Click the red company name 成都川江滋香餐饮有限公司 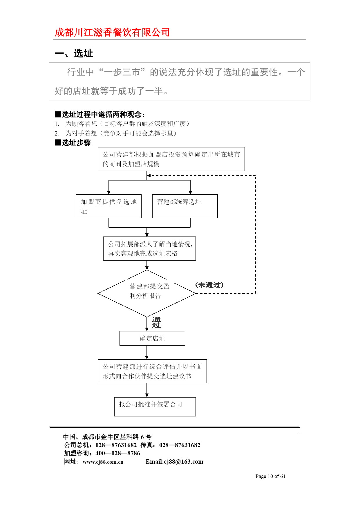[112, 32]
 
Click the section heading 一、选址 [74, 53]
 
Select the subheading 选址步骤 [73, 142]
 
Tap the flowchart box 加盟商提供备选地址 [109, 206]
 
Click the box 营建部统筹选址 [185, 206]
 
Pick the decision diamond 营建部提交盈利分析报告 [147, 293]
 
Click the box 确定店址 [152, 338]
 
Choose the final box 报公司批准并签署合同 [155, 407]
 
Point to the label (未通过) [209, 285]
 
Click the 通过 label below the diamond [156, 322]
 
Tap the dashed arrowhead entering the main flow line [149, 176]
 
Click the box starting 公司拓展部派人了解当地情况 [149, 248]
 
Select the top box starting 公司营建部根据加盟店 [171, 159]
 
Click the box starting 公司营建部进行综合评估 [152, 371]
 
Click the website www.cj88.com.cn [103, 462]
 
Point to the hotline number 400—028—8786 [118, 453]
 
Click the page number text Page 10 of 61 [270, 476]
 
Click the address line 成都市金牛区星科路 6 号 [117, 437]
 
